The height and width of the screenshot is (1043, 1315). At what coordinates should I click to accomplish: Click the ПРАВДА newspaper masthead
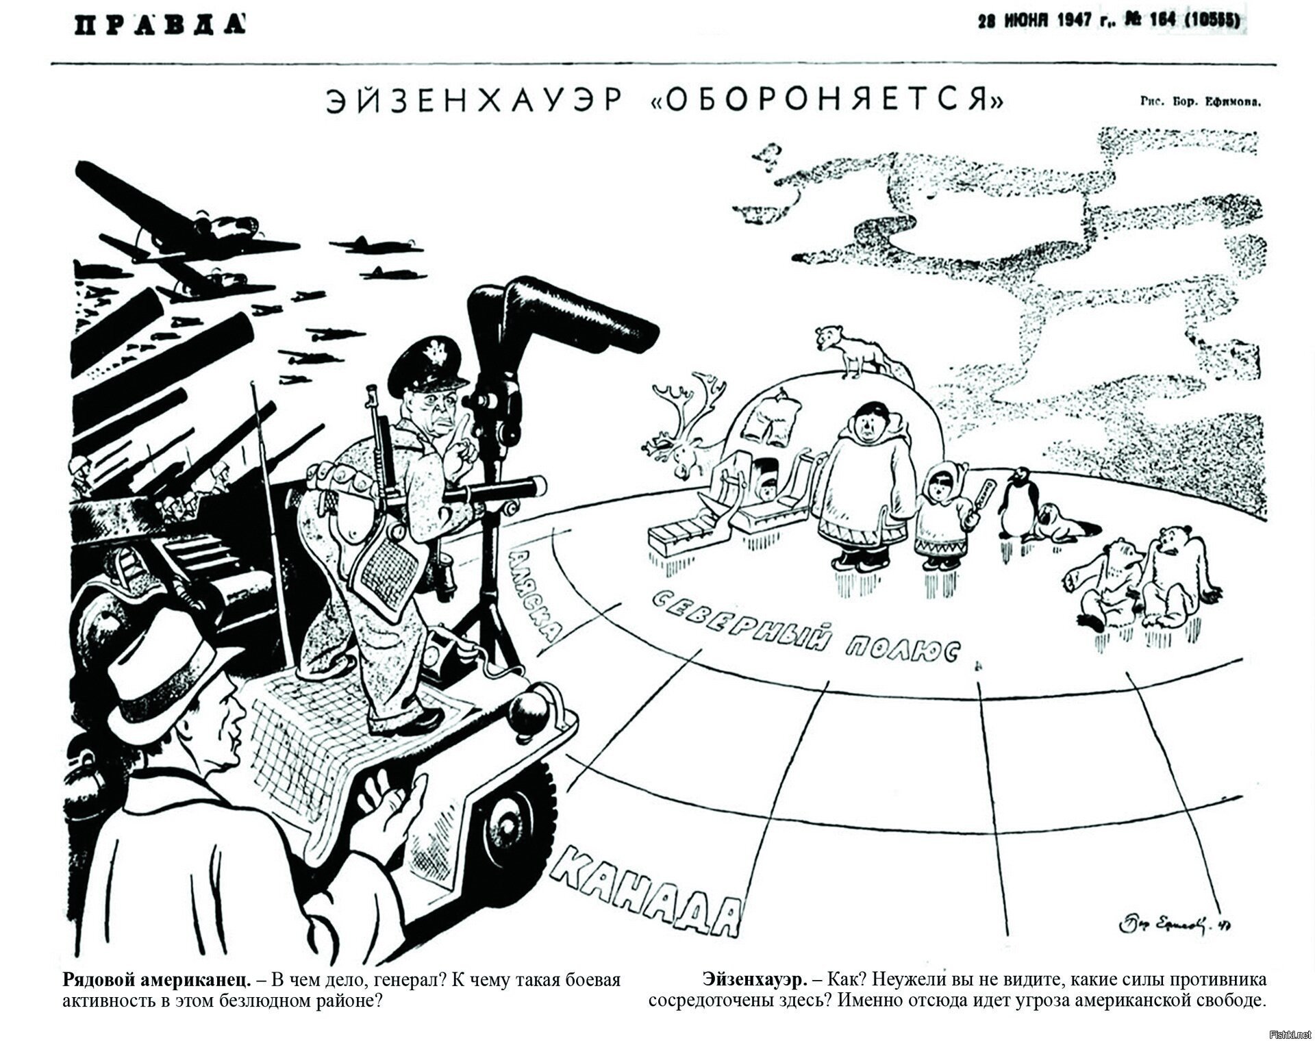(x=161, y=24)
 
